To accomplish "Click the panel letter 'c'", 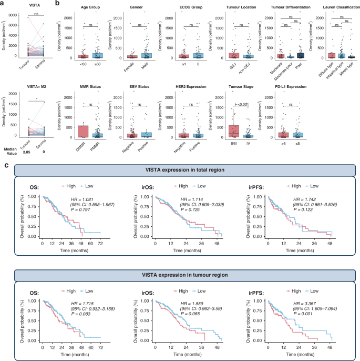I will click(x=5, y=165).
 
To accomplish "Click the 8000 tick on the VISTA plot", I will click(x=15, y=14).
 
